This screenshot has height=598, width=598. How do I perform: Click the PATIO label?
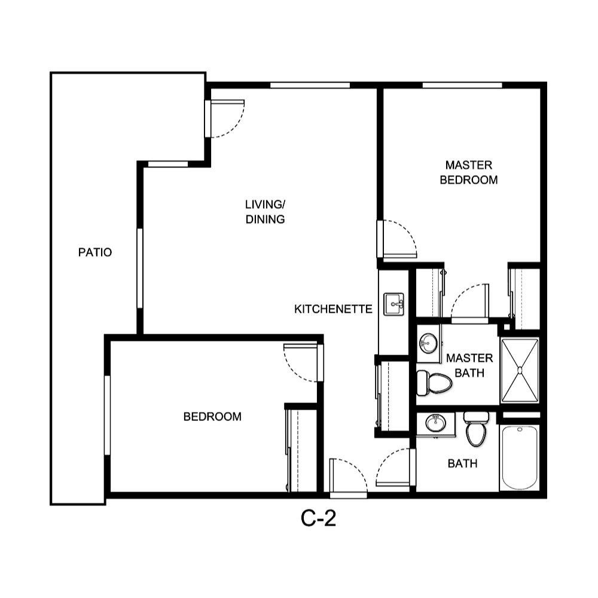coord(95,252)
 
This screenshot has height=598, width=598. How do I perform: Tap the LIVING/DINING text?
coord(265,212)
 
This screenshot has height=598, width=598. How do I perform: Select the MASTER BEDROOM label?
coord(468,172)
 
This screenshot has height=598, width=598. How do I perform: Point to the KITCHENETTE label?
coord(333,309)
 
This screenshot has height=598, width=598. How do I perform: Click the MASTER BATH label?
coord(469,365)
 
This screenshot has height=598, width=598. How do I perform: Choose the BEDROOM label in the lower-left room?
coord(212,417)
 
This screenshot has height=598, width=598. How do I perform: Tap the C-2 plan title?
coord(318,519)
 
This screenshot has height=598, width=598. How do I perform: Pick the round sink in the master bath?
coord(428,343)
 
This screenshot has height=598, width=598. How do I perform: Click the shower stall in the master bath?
coord(520,370)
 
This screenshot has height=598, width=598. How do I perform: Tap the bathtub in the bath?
coord(520,457)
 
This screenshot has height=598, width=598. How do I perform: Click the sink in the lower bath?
coord(435,424)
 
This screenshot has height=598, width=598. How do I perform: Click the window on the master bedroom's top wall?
coord(462,86)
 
